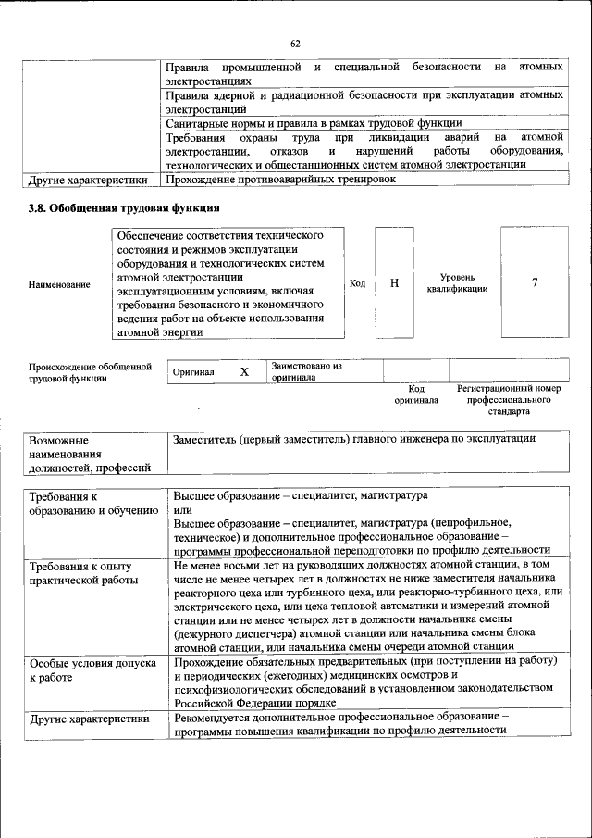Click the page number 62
(x=295, y=44)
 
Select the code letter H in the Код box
(x=395, y=282)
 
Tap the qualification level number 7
(x=535, y=282)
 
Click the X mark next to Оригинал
(x=244, y=371)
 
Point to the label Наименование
(x=60, y=284)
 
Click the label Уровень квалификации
(x=457, y=282)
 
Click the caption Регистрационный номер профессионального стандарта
(x=509, y=399)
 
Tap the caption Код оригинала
(x=416, y=394)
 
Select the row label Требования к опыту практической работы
(x=84, y=572)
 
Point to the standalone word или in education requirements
(x=182, y=510)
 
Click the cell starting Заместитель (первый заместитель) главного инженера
(x=353, y=440)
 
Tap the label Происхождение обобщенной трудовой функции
(x=90, y=371)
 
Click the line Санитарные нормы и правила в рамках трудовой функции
(x=313, y=122)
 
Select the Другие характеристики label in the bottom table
(x=89, y=719)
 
